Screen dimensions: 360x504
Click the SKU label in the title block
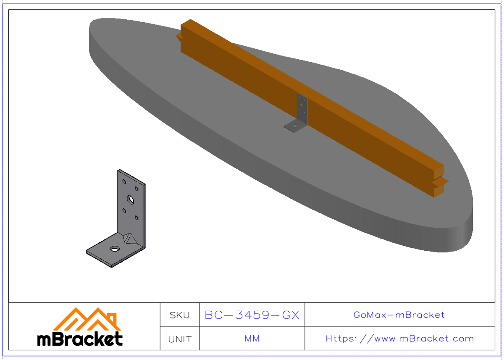point(180,315)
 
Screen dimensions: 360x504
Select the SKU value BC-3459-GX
point(252,315)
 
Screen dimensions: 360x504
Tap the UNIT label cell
point(180,339)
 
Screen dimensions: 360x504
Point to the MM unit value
point(252,339)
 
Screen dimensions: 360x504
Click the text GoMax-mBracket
point(399,315)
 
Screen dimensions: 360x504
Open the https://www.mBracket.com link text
point(399,339)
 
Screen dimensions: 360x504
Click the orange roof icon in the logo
point(87,319)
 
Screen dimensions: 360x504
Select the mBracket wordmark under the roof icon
point(80,339)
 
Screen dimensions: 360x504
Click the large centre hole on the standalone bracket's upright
point(131,199)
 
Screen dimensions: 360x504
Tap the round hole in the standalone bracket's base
point(114,249)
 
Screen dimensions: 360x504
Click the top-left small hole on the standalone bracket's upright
point(124,181)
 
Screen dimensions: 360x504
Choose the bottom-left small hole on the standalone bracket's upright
point(124,210)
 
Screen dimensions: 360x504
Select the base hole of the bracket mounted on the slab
point(295,124)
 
